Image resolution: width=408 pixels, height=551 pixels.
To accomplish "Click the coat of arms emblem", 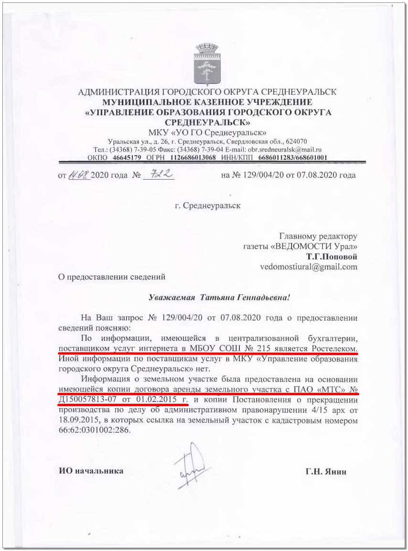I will [207, 63].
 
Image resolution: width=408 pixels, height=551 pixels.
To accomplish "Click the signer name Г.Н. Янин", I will [326, 471].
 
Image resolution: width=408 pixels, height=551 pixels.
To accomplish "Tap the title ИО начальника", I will [91, 471].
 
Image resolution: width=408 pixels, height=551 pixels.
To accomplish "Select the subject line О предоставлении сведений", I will [111, 276].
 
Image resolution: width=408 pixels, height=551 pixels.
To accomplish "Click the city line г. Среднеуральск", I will [208, 206].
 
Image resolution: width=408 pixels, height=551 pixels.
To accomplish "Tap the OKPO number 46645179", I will [127, 157].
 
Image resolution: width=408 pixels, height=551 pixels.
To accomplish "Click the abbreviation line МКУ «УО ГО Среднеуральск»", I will [207, 132].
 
